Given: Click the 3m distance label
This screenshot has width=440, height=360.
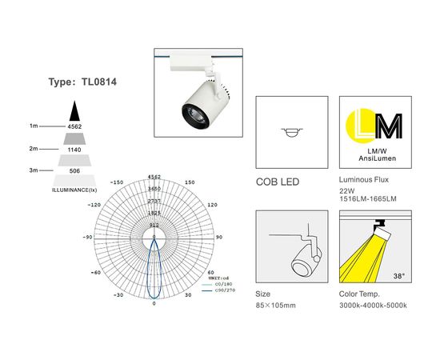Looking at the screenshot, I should (x=34, y=170).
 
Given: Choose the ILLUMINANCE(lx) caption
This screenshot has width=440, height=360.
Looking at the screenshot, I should (x=74, y=190).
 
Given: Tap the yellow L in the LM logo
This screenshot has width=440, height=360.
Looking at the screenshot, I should (x=358, y=125).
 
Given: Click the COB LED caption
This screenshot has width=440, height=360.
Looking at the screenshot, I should (x=277, y=182).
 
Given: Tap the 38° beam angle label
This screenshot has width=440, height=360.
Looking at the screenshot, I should (x=398, y=276).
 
